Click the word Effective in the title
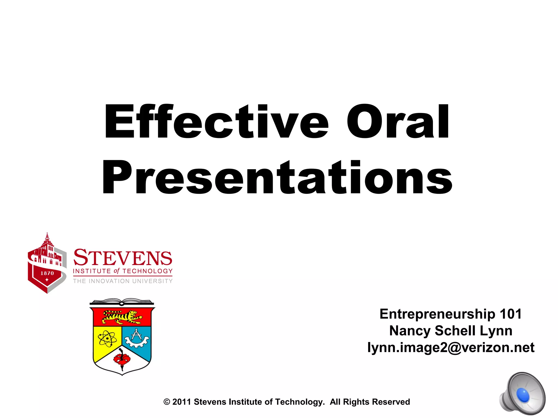pos(216,122)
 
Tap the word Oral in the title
pos(398,122)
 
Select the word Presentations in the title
pos(277,177)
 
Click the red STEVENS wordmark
pos(123,257)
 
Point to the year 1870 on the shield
pos(47,273)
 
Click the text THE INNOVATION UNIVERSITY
pos(123,281)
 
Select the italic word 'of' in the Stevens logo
pos(117,271)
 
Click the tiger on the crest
pos(122,317)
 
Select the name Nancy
pos(410,331)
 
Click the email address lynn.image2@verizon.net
pos(451,348)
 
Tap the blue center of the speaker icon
pos(523,395)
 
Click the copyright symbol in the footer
pos(167,402)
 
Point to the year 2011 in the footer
pos(181,402)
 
